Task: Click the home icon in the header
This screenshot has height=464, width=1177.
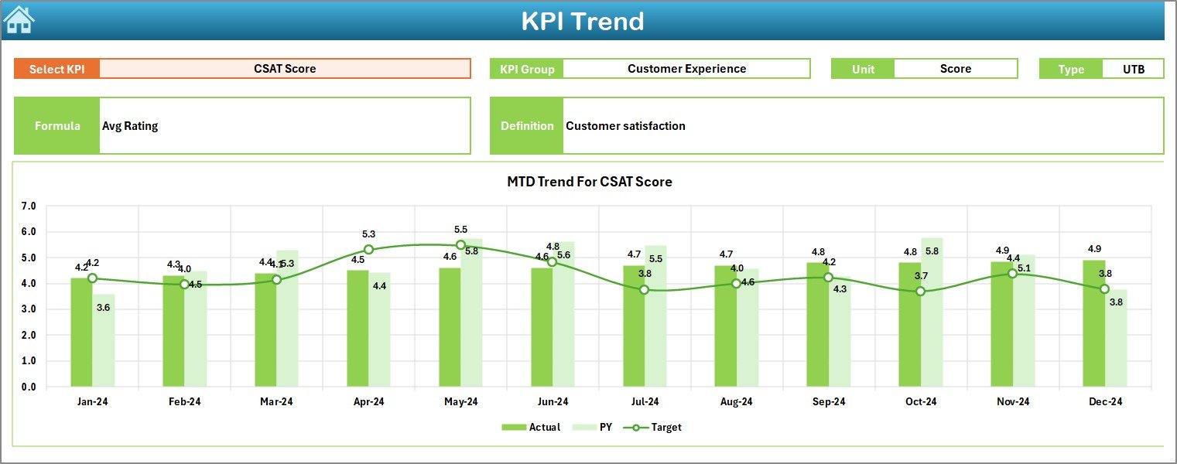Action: (19, 19)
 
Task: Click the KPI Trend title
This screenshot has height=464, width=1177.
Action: (582, 21)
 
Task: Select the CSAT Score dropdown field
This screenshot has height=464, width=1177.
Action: (285, 69)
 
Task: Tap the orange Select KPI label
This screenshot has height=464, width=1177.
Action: (57, 69)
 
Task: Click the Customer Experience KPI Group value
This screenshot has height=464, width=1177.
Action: (686, 69)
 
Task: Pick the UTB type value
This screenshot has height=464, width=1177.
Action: (1133, 69)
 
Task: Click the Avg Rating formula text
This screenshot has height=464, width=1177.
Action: (130, 126)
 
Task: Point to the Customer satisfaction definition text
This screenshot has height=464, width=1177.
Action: (625, 126)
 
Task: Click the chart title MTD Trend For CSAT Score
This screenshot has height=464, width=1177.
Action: (589, 182)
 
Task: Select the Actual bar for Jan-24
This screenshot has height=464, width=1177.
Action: (81, 333)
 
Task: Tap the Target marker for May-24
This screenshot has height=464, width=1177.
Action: (460, 245)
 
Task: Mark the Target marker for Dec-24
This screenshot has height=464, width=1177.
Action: (1104, 288)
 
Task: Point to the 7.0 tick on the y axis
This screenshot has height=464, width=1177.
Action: (29, 206)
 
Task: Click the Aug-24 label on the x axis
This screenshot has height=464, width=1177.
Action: (736, 402)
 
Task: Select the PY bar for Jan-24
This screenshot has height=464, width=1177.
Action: (104, 340)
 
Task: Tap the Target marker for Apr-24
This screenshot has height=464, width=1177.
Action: (368, 250)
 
